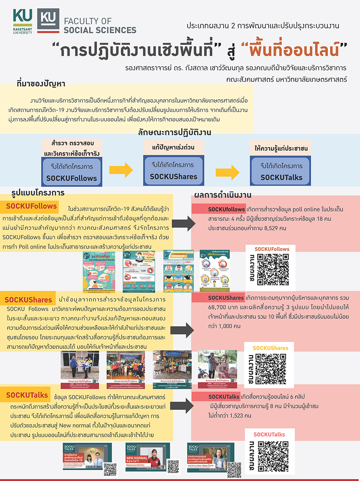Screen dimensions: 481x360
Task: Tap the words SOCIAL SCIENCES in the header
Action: point(100,30)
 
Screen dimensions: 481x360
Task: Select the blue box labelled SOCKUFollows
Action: point(71,172)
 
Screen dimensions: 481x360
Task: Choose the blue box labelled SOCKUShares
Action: point(174,171)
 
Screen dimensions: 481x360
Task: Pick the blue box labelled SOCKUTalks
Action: point(281,171)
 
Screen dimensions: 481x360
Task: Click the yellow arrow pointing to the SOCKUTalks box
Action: point(227,171)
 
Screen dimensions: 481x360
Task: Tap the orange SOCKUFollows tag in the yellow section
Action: point(32,206)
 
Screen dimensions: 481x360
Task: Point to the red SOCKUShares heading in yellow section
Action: point(28,300)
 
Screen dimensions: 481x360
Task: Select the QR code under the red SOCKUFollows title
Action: point(273,269)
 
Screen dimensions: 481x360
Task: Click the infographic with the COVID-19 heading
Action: point(179,271)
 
